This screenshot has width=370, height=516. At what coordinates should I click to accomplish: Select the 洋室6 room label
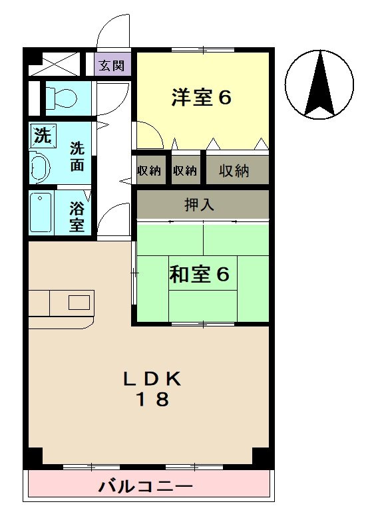coord(201,98)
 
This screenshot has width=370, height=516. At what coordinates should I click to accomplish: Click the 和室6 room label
coord(200,274)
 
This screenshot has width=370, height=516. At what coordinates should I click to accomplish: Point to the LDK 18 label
coord(152,388)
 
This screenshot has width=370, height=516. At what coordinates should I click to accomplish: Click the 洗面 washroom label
coord(77,156)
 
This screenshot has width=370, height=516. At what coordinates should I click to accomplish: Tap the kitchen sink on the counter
coord(79,303)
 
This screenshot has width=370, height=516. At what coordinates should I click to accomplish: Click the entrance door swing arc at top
coord(110,30)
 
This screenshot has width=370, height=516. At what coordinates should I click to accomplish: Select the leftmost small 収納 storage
coord(150,170)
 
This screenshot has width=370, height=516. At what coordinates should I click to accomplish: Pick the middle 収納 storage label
coord(185,170)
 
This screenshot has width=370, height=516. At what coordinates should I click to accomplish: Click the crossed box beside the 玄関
coord(54,65)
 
